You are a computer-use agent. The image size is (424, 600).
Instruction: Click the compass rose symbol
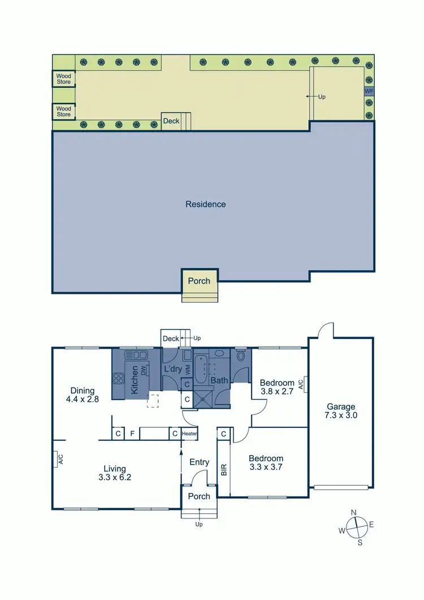tap(355, 527)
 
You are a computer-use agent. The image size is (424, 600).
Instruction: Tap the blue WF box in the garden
tap(369, 91)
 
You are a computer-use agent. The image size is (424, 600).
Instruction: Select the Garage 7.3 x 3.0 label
tap(341, 410)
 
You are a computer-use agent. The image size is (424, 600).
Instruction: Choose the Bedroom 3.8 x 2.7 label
tap(278, 387)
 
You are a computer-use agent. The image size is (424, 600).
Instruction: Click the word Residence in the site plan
tap(205, 204)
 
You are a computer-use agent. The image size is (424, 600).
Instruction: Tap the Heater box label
tap(189, 434)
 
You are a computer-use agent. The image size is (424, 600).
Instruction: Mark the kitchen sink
tap(136, 355)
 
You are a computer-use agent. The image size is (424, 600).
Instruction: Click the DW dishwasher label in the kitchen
tap(144, 371)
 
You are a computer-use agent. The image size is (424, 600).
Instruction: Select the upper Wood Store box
tap(63, 79)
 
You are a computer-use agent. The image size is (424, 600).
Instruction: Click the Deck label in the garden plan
tap(171, 121)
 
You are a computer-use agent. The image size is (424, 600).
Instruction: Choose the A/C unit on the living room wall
tap(58, 459)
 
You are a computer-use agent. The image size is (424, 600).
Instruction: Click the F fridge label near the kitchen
tap(132, 434)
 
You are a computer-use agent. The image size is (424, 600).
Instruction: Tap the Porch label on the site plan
tap(198, 281)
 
